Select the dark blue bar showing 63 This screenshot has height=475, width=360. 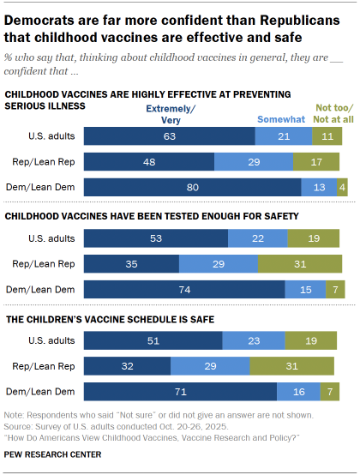pyautogui.click(x=170, y=135)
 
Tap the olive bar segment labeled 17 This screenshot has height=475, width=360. pyautogui.click(x=316, y=162)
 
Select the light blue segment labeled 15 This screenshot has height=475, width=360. pyautogui.click(x=305, y=289)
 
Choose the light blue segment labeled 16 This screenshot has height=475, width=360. pyautogui.click(x=299, y=394)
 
